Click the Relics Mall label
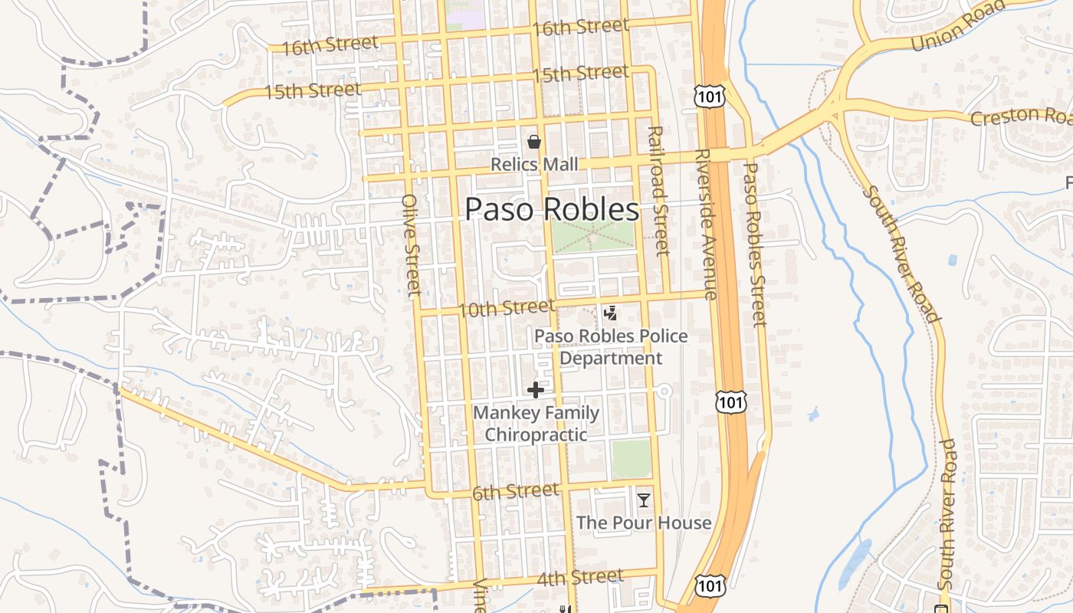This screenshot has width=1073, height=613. click(x=534, y=165)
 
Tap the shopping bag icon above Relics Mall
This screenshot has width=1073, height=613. click(x=534, y=142)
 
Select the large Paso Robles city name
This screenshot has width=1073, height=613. click(x=552, y=209)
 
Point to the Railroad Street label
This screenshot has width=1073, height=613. click(x=658, y=192)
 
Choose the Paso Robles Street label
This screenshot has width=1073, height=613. click(x=755, y=244)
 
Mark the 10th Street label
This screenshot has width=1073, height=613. click(x=506, y=309)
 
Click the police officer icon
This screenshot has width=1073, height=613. click(x=611, y=313)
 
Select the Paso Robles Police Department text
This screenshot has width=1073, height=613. click(x=611, y=347)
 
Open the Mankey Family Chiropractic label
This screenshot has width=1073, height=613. click(x=536, y=424)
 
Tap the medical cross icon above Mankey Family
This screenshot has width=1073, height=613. click(x=536, y=390)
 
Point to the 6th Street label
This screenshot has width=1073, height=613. click(x=515, y=491)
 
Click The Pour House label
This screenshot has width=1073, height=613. click(x=644, y=523)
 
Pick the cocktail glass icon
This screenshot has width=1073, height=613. click(x=644, y=500)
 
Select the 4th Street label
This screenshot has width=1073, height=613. click(x=579, y=577)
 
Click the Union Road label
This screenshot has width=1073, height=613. click(x=957, y=25)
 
